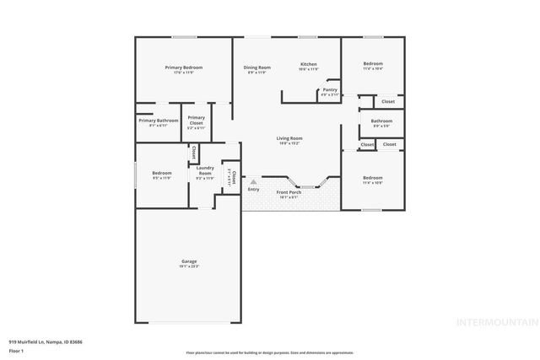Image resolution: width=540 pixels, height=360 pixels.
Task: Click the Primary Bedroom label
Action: pyautogui.click(x=183, y=67)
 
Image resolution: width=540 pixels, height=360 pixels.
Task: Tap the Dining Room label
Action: pyautogui.click(x=257, y=67)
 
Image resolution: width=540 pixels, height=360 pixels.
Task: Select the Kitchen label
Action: pyautogui.click(x=309, y=64)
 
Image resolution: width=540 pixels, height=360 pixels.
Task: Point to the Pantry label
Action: pyautogui.click(x=330, y=89)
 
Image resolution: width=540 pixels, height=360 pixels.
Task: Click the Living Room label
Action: pyautogui.click(x=289, y=138)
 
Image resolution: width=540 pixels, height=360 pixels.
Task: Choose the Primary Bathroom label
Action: pyautogui.click(x=158, y=121)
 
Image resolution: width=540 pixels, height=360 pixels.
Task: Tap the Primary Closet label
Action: pyautogui.click(x=197, y=121)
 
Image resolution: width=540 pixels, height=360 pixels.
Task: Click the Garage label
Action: pyautogui.click(x=189, y=261)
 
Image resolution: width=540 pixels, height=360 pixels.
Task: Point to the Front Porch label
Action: pyautogui.click(x=289, y=192)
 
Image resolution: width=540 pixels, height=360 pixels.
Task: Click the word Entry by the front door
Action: pyautogui.click(x=253, y=189)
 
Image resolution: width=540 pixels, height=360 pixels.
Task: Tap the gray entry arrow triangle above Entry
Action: pyautogui.click(x=252, y=180)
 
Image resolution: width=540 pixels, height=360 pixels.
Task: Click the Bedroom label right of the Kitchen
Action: pyautogui.click(x=373, y=64)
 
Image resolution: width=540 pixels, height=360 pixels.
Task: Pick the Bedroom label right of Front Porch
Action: pyautogui.click(x=372, y=177)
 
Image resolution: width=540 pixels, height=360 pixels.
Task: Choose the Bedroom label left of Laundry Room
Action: pyautogui.click(x=162, y=173)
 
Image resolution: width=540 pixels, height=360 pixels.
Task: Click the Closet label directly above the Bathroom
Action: pyautogui.click(x=387, y=102)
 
